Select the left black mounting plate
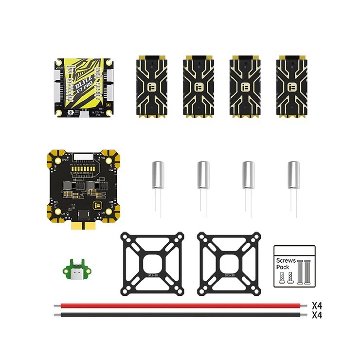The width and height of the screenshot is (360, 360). pyautogui.click(x=152, y=264)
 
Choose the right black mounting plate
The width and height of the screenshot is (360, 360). pyautogui.click(x=229, y=264)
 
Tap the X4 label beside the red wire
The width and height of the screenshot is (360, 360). pyautogui.click(x=317, y=306)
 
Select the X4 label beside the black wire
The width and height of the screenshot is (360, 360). pyautogui.click(x=317, y=315)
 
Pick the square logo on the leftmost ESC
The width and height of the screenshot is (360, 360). pyautogui.click(x=152, y=88)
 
